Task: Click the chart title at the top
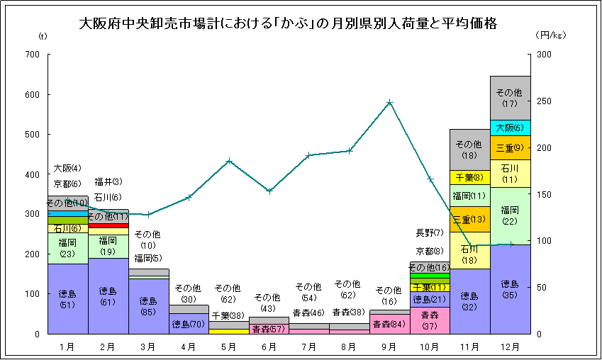288,24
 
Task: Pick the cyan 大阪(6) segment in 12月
511,128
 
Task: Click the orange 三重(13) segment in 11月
470,219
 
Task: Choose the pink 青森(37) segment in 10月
430,320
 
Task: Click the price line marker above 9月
390,103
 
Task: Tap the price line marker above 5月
229,161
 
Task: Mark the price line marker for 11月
470,246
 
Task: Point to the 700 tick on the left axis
33,55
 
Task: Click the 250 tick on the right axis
542,101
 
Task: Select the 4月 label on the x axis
189,347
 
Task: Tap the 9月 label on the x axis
390,347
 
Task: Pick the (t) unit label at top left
42,34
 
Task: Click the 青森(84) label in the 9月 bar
389,324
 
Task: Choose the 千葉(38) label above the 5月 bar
228,315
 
